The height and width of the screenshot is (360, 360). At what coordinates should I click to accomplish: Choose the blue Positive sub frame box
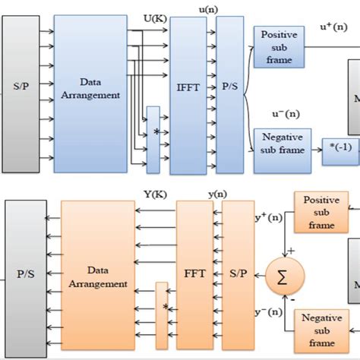pyautogui.click(x=279, y=46)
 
